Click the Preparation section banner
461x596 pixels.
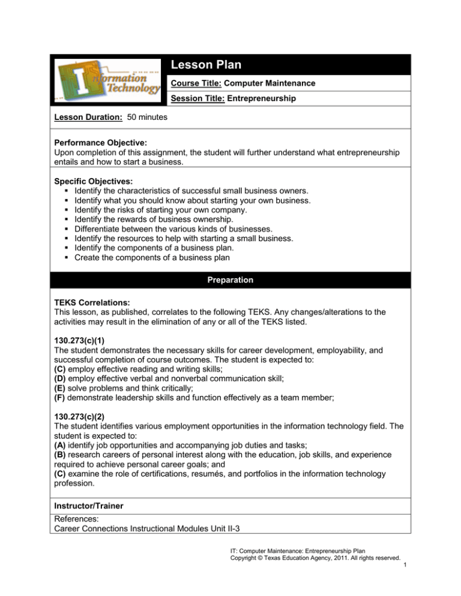click(x=230, y=279)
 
